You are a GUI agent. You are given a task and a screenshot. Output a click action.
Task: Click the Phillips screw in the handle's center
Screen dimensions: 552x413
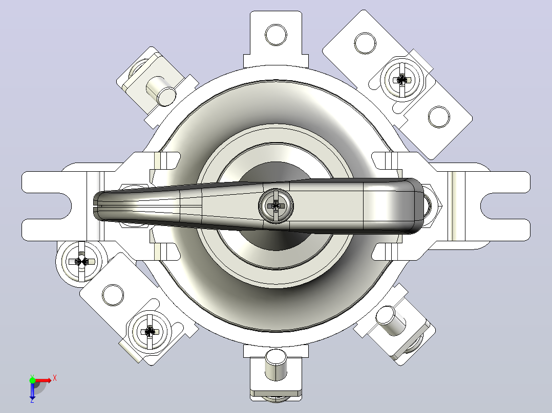tap(276, 205)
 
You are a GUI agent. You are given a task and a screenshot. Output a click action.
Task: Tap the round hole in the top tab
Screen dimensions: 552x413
tap(276, 35)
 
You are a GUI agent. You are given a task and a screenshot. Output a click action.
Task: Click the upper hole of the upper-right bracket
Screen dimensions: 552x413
tap(365, 43)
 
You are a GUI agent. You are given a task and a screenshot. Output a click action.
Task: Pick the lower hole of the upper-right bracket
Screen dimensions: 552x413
tap(439, 117)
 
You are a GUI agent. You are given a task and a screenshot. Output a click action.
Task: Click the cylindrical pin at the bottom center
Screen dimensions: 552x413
tap(276, 364)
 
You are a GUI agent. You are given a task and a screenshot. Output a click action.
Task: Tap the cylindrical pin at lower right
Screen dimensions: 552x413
tap(390, 320)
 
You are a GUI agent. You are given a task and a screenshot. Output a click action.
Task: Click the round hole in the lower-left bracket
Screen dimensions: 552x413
tap(113, 295)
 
